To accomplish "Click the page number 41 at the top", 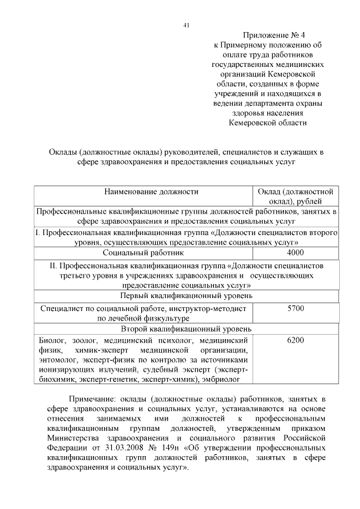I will pyautogui.click(x=186, y=25).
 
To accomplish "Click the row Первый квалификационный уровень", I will pyautogui.click(x=186, y=295).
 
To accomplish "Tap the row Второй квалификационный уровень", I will pyautogui.click(x=186, y=329).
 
